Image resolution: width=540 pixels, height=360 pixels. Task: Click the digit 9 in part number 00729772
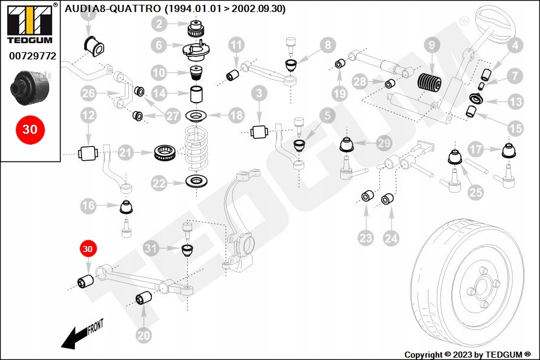(x=32, y=56)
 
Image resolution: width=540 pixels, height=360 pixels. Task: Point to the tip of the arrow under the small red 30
(x=88, y=274)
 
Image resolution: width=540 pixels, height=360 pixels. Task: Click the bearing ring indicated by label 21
(x=166, y=152)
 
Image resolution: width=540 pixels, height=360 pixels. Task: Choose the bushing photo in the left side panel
(x=30, y=88)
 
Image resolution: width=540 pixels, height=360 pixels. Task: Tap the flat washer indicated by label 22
(x=196, y=181)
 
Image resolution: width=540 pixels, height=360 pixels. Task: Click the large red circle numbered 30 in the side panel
(x=30, y=130)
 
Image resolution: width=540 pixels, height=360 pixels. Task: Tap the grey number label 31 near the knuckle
(x=151, y=248)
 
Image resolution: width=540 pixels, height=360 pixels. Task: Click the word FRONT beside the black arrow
(x=95, y=327)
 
